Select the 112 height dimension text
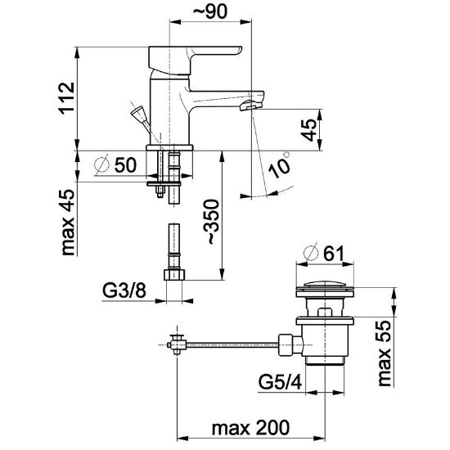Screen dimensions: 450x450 tap(67, 98)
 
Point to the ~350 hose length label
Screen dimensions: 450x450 tap(211, 222)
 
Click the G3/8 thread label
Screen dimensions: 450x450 tap(124, 290)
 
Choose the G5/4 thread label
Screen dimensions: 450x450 tap(280, 382)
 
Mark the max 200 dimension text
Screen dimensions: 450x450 tap(250, 428)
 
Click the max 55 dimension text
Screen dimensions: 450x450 tap(384, 353)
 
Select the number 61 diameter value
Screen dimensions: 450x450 tap(334, 254)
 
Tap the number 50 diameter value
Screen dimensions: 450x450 tap(126, 165)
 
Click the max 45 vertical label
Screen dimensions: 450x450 tap(68, 222)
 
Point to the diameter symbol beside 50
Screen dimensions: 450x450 tap(102, 164)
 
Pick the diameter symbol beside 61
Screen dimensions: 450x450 tap(311, 253)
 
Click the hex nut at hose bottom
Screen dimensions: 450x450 tap(174, 274)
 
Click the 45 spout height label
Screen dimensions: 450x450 tap(309, 130)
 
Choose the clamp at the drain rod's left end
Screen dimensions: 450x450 tap(177, 344)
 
